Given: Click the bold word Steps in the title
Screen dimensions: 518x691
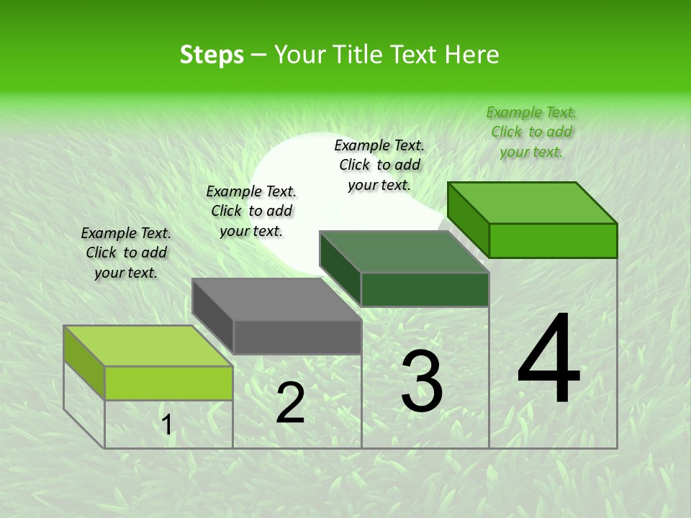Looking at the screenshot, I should [212, 55].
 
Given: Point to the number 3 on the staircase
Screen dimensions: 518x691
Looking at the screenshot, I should [422, 381].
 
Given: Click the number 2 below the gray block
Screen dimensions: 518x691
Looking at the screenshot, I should [290, 403].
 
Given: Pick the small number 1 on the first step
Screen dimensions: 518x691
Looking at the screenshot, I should [167, 425].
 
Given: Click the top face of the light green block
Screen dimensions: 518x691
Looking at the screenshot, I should [148, 346].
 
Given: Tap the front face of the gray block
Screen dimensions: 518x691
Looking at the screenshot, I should [297, 337].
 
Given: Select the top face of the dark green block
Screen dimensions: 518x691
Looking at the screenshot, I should [404, 252].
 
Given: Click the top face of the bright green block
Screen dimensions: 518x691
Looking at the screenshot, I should [532, 203].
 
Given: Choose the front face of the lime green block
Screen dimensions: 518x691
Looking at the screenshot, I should [168, 383].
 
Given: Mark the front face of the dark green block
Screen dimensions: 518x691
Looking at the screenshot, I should [425, 289].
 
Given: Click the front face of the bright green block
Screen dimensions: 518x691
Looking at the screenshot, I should [553, 240].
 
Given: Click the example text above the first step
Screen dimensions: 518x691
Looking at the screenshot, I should [126, 253].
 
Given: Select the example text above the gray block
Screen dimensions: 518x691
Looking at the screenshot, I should [251, 212].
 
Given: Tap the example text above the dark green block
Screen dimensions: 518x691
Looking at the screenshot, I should [379, 165].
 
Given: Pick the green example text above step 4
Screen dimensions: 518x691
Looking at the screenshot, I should [531, 132].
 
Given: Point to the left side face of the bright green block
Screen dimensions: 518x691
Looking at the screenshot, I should [469, 219].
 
